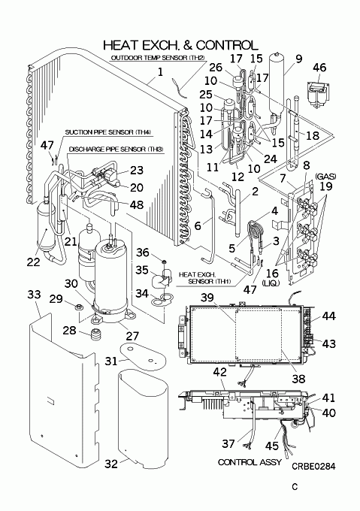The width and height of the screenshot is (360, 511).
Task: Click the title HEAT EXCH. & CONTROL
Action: pyautogui.click(x=180, y=45)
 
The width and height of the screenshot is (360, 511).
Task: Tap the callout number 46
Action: pyautogui.click(x=319, y=68)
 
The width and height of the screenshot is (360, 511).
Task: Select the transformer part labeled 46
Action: pyautogui.click(x=319, y=93)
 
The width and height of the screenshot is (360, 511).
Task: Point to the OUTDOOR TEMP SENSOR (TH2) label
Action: pyautogui.click(x=158, y=58)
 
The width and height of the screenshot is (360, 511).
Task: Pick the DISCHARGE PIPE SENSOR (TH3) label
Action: pyautogui.click(x=116, y=150)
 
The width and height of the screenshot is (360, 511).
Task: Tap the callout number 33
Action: pyautogui.click(x=35, y=295)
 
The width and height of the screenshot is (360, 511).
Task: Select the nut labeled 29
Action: pyautogui.click(x=78, y=307)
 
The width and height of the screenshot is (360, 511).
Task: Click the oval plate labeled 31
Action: pyautogui.click(x=142, y=356)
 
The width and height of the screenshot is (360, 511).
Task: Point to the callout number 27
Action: pyautogui.click(x=132, y=336)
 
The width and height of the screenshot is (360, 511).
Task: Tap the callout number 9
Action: pyautogui.click(x=299, y=59)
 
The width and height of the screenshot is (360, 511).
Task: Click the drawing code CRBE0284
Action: pyautogui.click(x=313, y=467)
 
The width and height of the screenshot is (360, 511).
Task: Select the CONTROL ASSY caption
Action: pyautogui.click(x=250, y=462)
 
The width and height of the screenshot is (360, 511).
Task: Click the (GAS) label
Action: pyautogui.click(x=325, y=177)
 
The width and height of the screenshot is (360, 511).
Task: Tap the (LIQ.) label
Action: pyautogui.click(x=271, y=283)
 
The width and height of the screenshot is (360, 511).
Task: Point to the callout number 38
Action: pyautogui.click(x=298, y=378)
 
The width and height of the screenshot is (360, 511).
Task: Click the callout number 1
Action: pyautogui.click(x=160, y=72)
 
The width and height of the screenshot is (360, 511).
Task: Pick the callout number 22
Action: pyautogui.click(x=33, y=262)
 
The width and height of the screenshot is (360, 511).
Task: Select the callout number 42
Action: pyautogui.click(x=220, y=372)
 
